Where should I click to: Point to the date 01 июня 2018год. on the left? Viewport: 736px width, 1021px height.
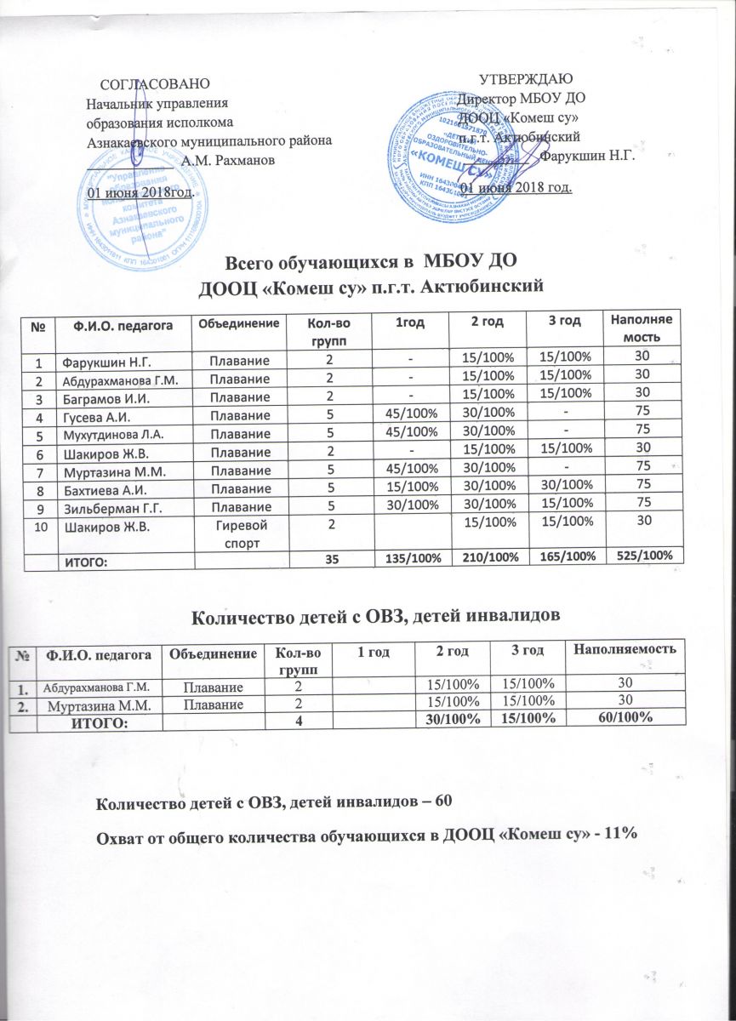[141, 192]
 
